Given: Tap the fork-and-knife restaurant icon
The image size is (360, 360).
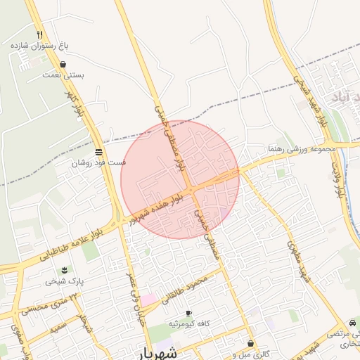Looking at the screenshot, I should click(39, 34).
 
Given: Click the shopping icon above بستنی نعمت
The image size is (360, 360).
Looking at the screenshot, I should click(63, 64).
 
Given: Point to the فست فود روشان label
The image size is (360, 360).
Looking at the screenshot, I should click(98, 162).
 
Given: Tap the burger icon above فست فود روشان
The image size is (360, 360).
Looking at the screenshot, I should click(98, 152).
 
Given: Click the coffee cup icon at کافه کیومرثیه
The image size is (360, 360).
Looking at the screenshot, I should click(188, 313).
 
